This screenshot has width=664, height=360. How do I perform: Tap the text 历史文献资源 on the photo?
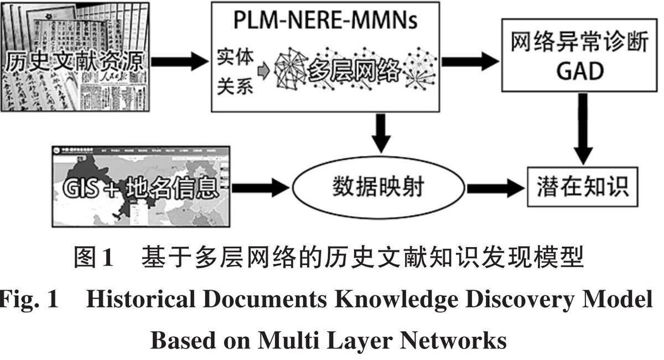75,61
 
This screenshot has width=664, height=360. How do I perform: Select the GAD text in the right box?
580,71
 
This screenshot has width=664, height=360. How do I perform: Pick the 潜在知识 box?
582,186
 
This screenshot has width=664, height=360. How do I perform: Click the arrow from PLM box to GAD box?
470,60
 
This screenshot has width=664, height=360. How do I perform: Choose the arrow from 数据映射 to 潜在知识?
495,188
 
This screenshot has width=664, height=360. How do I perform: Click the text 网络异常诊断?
579,42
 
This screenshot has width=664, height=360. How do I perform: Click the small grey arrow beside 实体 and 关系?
264,71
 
